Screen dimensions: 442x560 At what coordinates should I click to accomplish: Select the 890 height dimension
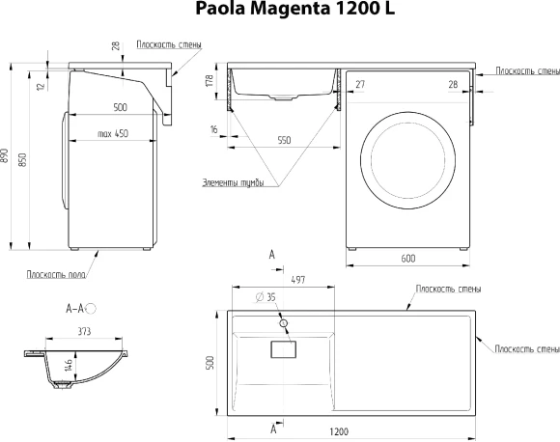tap(6, 155)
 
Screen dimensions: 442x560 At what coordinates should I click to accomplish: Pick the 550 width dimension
tap(284, 141)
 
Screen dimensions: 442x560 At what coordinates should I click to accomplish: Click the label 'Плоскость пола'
tap(54, 274)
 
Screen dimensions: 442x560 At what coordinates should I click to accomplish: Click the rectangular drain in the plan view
tap(284, 348)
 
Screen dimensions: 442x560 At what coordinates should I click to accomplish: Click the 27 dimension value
tap(361, 86)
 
